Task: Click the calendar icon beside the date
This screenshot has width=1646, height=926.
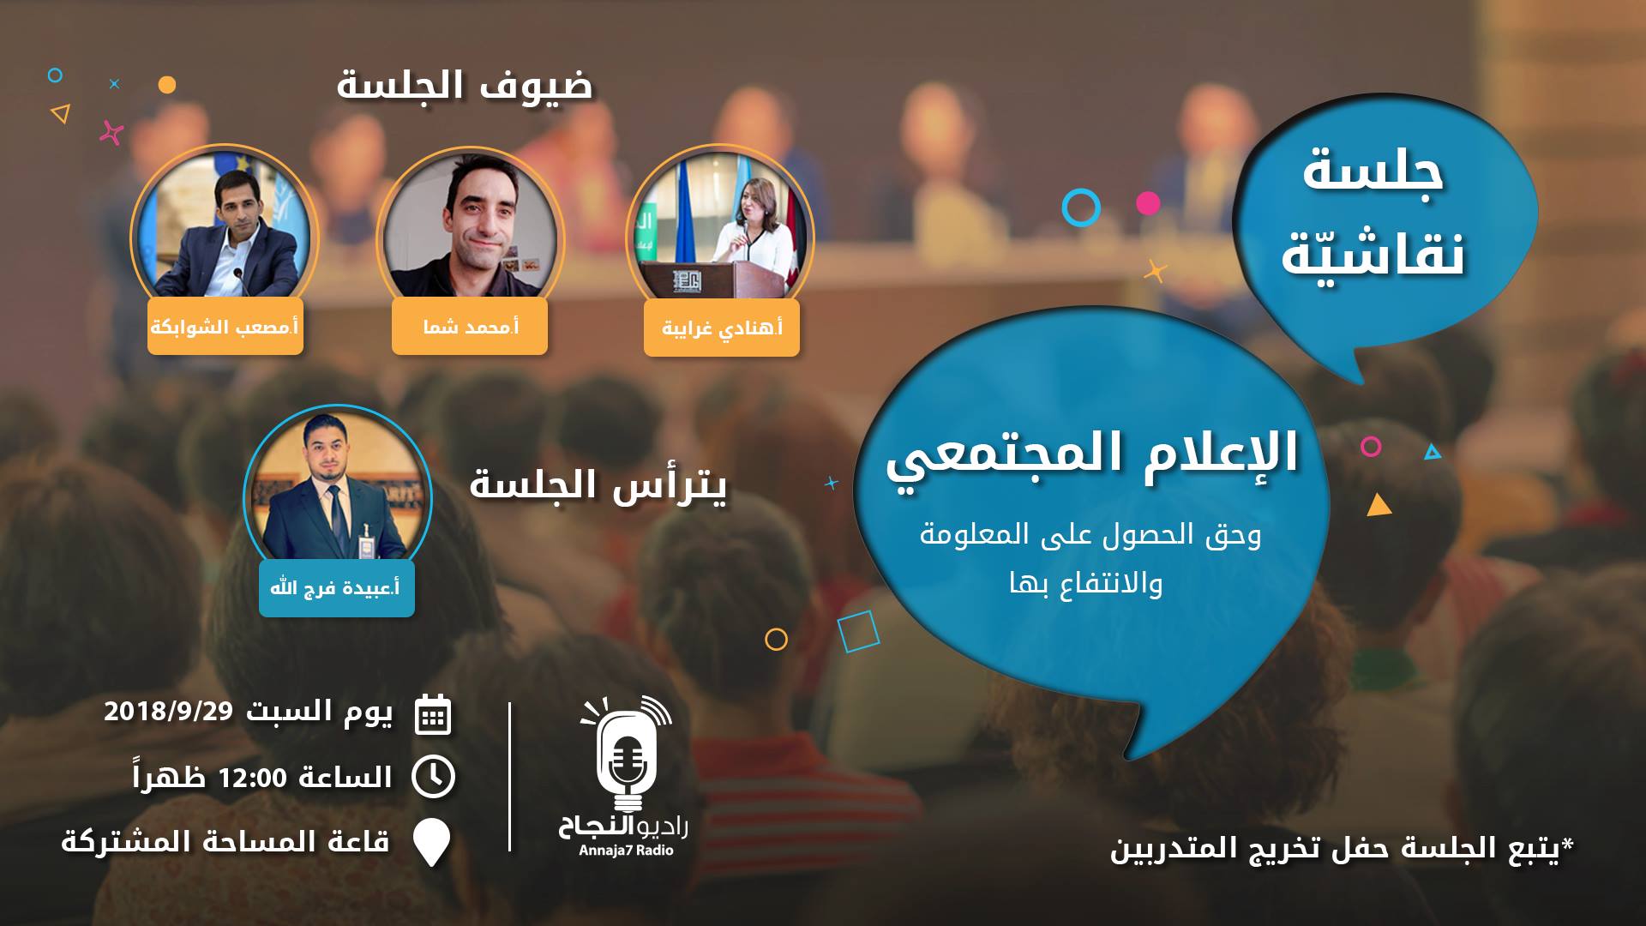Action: point(433,715)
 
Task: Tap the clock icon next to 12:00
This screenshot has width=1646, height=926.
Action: point(433,777)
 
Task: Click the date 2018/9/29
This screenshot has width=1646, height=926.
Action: point(168,712)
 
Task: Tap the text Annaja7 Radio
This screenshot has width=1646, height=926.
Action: point(626,851)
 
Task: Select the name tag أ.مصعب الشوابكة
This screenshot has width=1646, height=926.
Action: point(225,327)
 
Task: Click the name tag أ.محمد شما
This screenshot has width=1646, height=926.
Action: point(470,327)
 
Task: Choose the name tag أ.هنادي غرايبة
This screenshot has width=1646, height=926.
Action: point(722,328)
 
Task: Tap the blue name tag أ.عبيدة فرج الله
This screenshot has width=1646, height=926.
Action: point(337,589)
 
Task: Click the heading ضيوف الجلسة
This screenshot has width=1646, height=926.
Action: point(465,86)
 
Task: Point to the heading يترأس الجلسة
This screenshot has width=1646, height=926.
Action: point(598,484)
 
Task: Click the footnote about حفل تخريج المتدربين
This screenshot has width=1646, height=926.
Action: point(1343,849)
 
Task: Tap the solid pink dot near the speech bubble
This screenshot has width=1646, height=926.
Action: point(1148,203)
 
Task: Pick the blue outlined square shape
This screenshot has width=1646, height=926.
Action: point(858,632)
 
